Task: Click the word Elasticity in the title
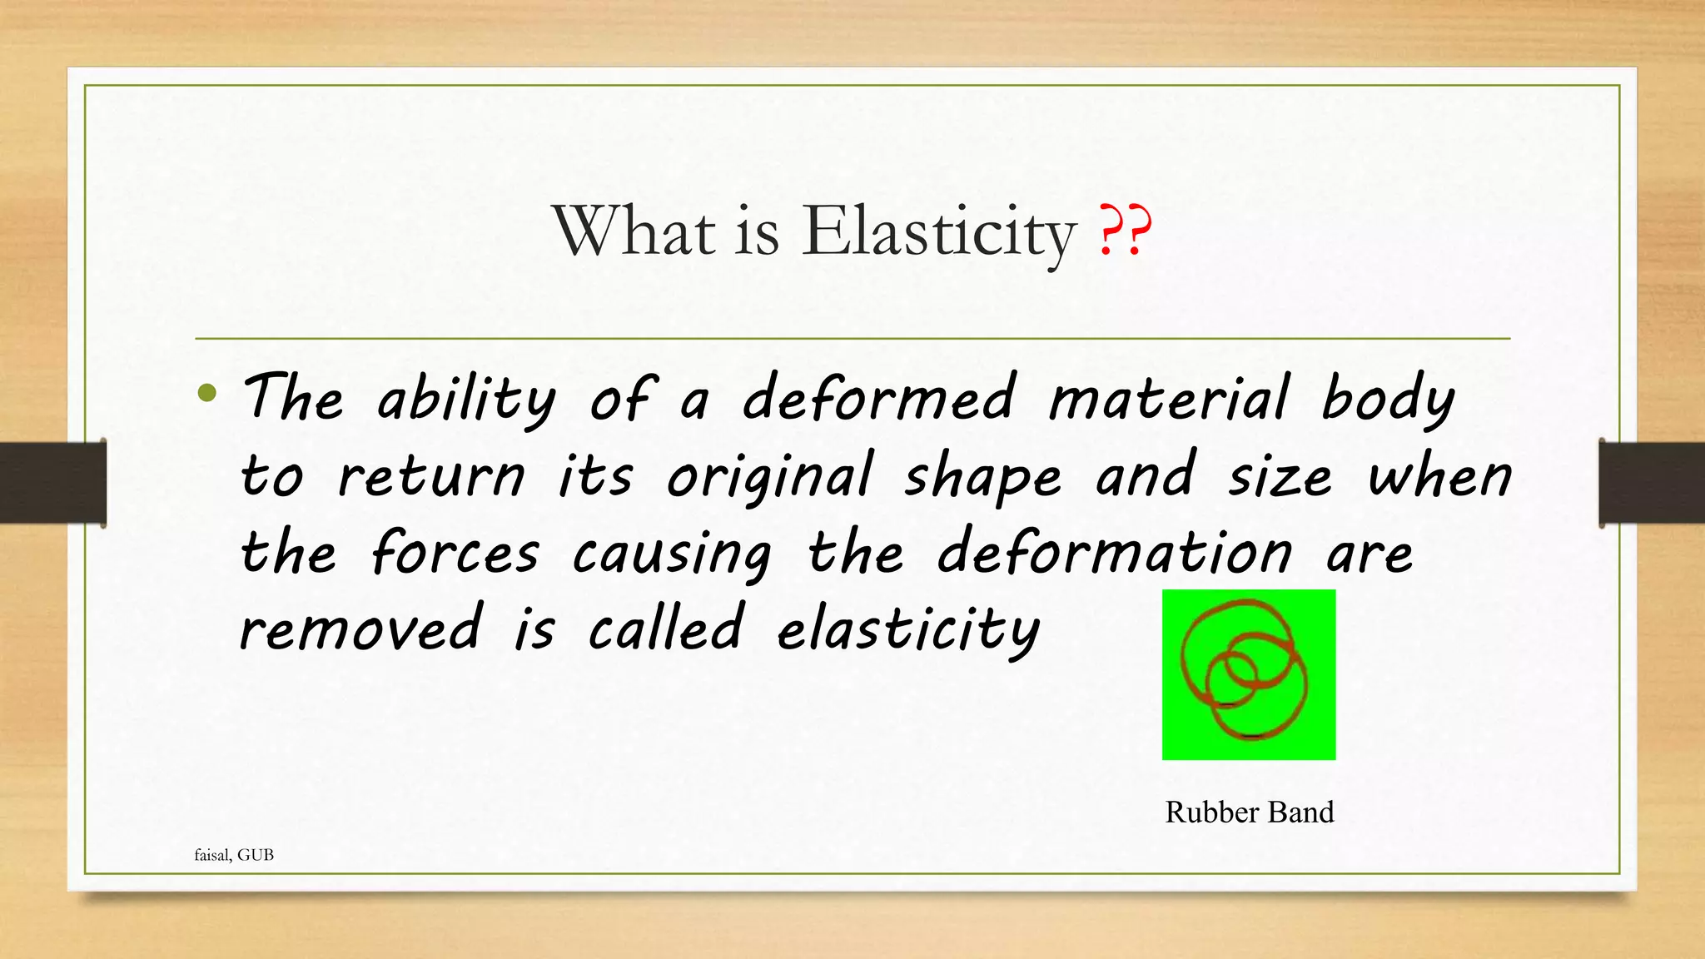pos(938,232)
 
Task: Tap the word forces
pos(455,554)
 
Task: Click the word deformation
pos(1116,554)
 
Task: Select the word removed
pos(360,629)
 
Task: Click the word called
pos(665,629)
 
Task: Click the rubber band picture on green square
pos(1248,674)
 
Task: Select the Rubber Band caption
pos(1249,812)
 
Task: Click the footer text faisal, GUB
pos(234,855)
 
